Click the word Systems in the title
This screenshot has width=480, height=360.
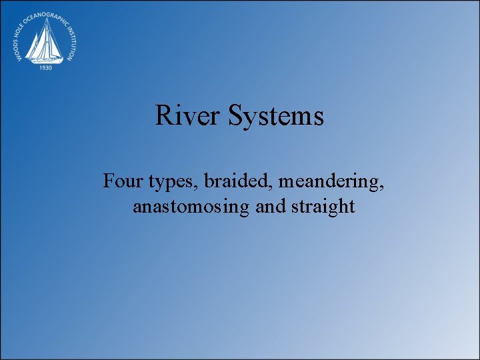click(x=276, y=117)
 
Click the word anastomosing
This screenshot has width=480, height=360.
click(x=191, y=207)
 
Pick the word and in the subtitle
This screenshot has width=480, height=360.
click(x=270, y=207)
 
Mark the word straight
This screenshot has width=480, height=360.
click(x=323, y=207)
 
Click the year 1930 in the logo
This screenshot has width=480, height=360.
click(x=47, y=67)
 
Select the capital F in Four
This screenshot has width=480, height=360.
click(x=109, y=180)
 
